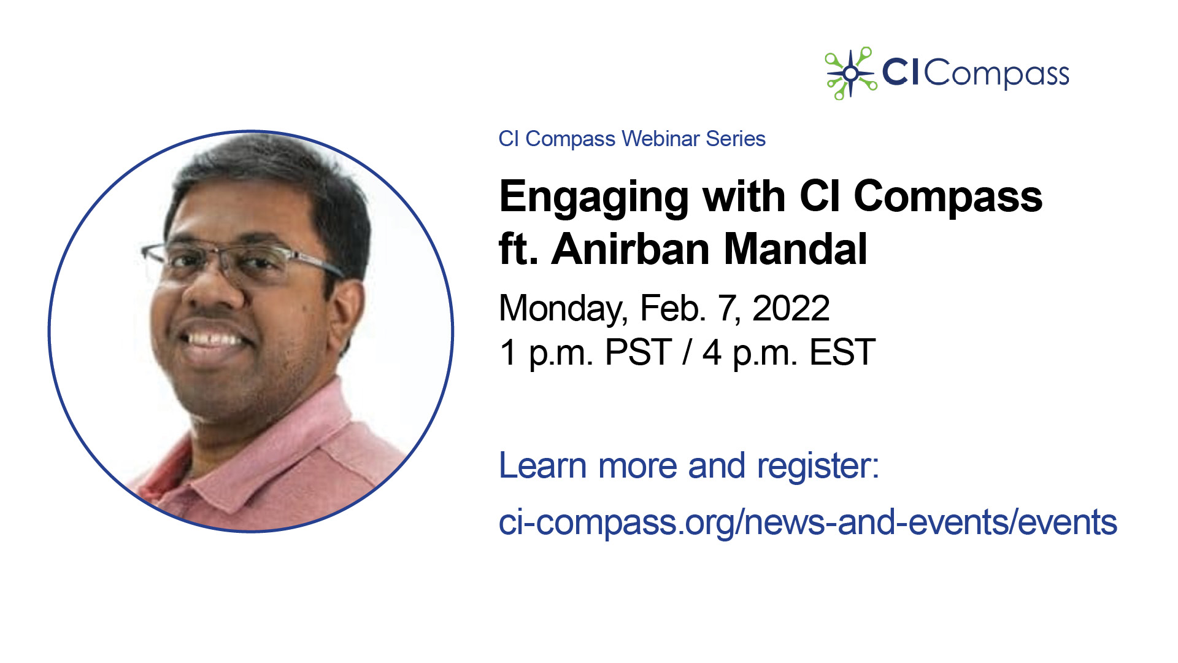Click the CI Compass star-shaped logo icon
(851, 74)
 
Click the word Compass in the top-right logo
(996, 74)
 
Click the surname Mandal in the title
(796, 249)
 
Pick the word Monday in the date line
(563, 309)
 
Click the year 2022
(791, 308)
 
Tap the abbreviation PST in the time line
(638, 352)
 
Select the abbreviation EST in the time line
(842, 352)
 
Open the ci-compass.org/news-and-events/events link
(808, 523)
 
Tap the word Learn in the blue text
(543, 465)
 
